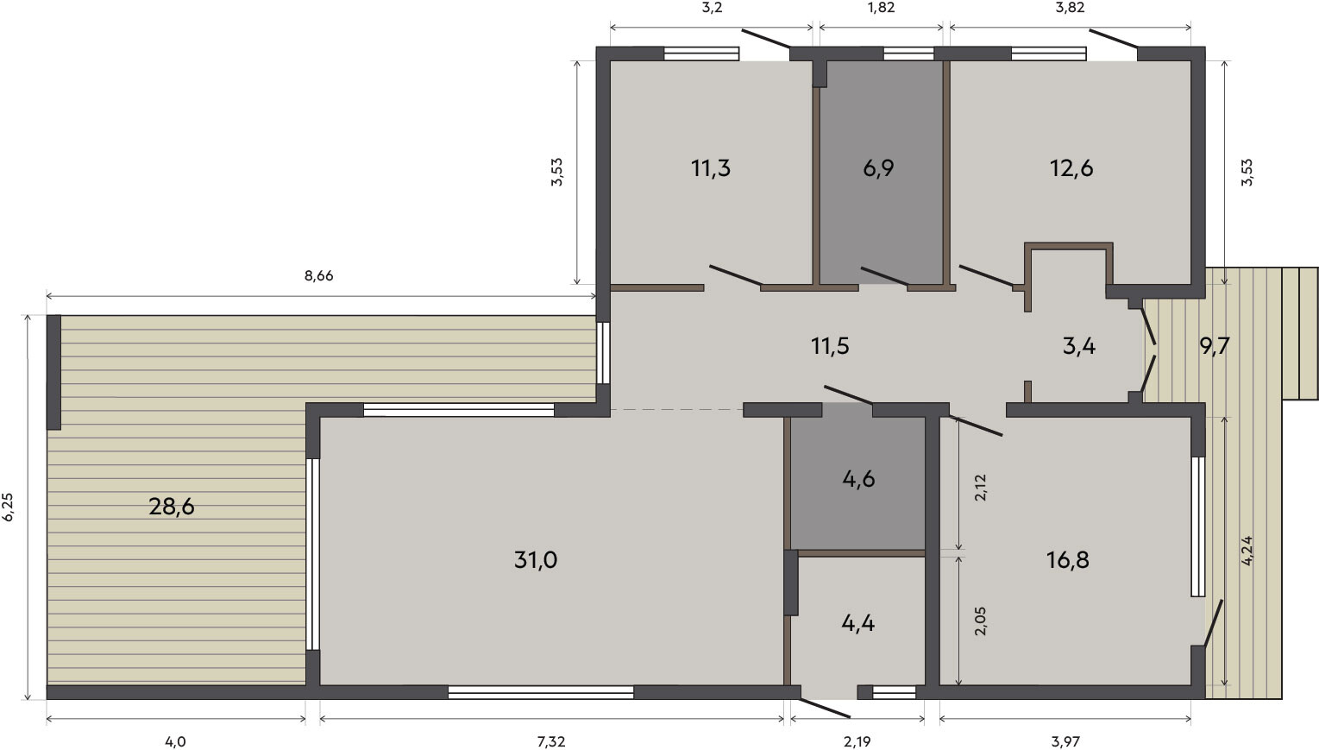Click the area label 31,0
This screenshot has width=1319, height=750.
point(535,560)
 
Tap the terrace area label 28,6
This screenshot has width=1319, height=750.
point(172,506)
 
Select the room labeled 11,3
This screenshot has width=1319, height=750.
point(711,168)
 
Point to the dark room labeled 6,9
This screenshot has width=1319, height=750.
point(878,168)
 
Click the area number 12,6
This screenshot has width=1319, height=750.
point(1071,168)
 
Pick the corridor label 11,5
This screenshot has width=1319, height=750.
point(830,346)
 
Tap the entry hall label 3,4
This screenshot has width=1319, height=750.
point(1079,346)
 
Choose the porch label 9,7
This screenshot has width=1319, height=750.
point(1215,346)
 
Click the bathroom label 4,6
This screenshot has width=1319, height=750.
point(858,479)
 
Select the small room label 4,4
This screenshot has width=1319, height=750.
point(858,623)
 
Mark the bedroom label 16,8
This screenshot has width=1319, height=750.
point(1068,560)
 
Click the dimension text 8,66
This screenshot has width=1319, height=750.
point(318,275)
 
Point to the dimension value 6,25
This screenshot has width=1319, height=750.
point(9,507)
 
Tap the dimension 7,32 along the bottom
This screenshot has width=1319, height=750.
point(551,741)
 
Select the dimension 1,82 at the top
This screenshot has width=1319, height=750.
point(881,8)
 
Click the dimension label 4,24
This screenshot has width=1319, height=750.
point(1247,551)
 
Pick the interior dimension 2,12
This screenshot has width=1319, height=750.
point(981,488)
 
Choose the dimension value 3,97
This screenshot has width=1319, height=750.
point(1065,741)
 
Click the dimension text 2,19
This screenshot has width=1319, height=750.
point(857,741)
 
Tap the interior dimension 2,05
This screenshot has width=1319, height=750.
point(981,621)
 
